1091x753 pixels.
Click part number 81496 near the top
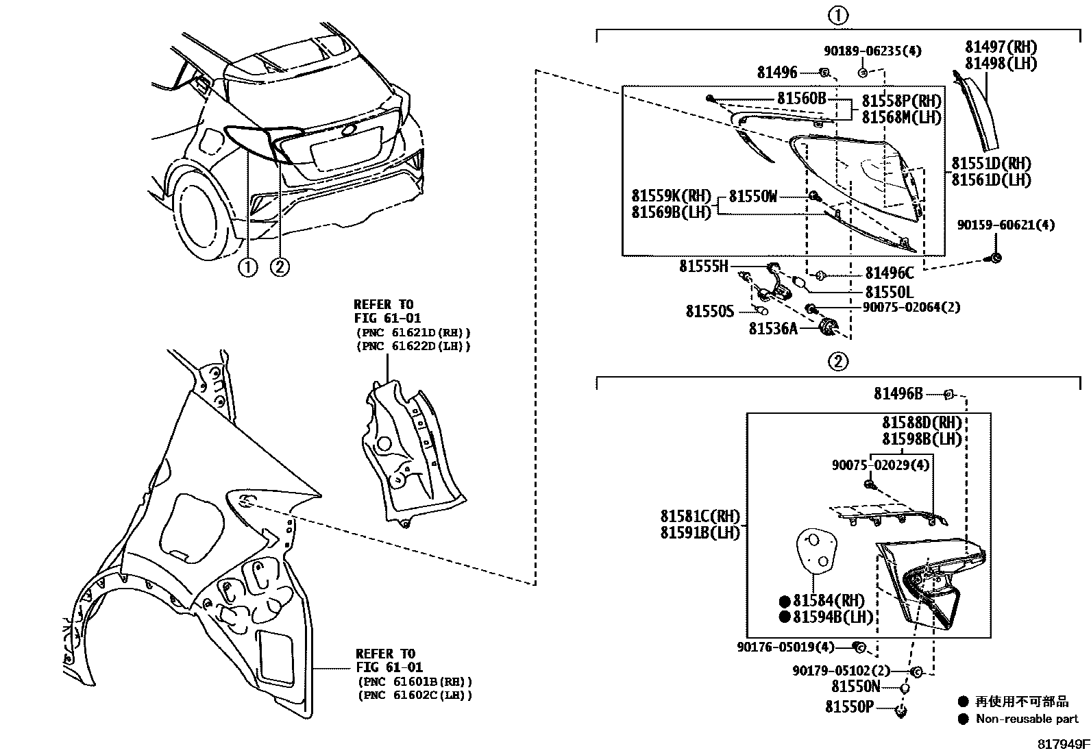coord(777,73)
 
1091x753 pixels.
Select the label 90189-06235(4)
coord(873,51)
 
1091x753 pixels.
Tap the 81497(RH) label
coord(1001,47)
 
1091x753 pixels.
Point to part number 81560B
coord(802,99)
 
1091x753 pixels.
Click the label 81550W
coord(753,197)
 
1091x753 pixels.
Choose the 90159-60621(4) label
coord(1006,225)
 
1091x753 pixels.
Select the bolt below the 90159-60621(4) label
coord(995,258)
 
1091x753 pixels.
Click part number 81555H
coord(704,266)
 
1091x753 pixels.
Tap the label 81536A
coord(773,329)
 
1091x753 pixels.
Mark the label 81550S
coord(710,311)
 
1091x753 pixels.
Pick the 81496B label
coord(898,393)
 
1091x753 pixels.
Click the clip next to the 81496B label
coord(948,394)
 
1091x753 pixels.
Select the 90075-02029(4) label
coord(881,465)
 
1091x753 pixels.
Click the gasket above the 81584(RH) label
coord(816,553)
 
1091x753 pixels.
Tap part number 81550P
coord(849,706)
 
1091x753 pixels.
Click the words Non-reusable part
coord(1027,719)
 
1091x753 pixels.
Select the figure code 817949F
coord(1063,744)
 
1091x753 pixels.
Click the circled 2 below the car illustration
coord(280,267)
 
